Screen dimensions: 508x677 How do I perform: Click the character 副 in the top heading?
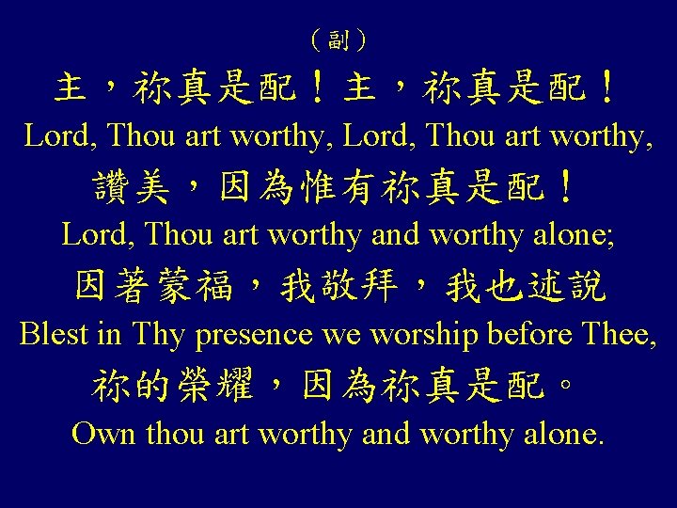point(338,40)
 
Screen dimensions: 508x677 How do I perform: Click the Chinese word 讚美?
point(132,188)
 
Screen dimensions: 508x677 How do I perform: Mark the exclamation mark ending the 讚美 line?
point(564,188)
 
